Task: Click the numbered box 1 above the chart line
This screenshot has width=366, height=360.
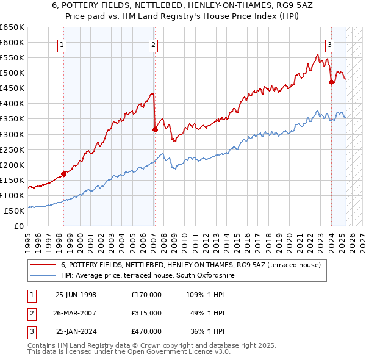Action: pos(63,44)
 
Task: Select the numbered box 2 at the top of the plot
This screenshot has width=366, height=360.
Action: pos(153,44)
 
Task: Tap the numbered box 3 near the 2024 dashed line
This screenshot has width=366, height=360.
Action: pos(329,44)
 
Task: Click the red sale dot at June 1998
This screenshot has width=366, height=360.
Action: pos(64,174)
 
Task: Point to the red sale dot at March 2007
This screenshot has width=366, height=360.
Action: pos(155,129)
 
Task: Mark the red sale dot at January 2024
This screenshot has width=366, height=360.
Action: pos(331,82)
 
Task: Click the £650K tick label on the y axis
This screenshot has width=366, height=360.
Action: pos(12,27)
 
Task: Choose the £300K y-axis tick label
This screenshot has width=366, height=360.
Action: pos(12,134)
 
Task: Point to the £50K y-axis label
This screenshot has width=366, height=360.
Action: pos(15,211)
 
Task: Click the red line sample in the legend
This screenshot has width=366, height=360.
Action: pos(43,265)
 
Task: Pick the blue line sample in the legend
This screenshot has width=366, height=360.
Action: pos(43,276)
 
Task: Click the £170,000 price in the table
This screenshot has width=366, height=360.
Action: pos(146,294)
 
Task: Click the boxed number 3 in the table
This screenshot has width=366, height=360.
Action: pos(30,331)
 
